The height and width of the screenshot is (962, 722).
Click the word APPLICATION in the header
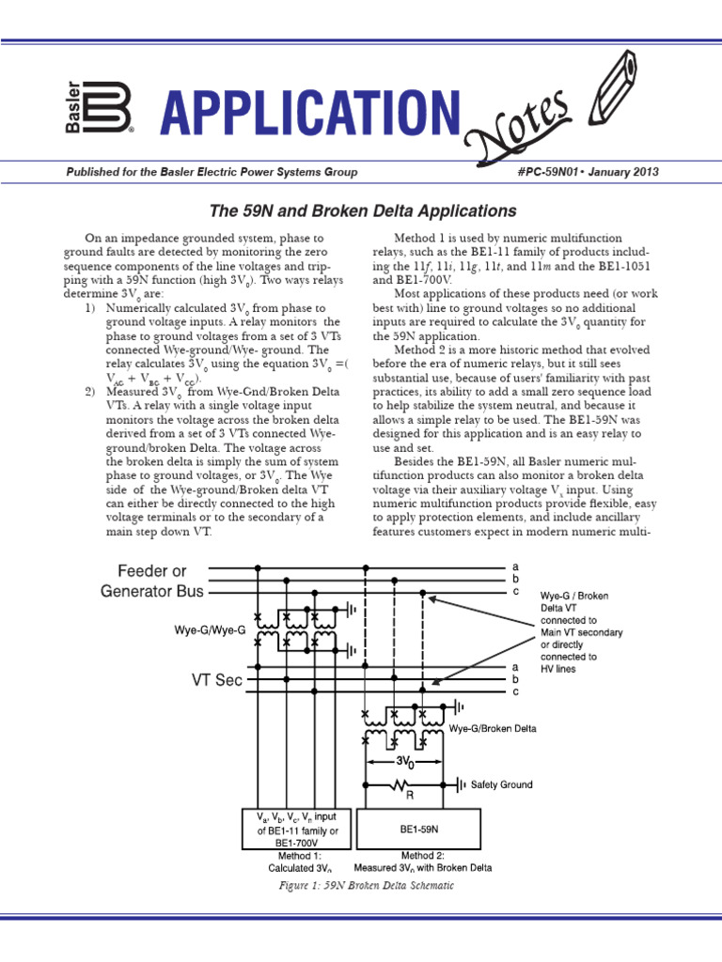tap(310, 114)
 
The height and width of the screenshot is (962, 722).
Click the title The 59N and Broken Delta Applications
tap(361, 211)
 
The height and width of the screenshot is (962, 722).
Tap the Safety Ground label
tap(501, 784)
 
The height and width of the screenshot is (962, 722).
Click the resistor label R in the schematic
tap(411, 795)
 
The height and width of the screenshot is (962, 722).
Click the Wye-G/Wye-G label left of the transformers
tap(210, 629)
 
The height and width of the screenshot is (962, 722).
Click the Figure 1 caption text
tap(361, 886)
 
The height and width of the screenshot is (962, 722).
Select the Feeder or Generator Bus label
tap(152, 581)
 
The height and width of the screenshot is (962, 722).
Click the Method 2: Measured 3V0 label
tap(422, 862)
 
